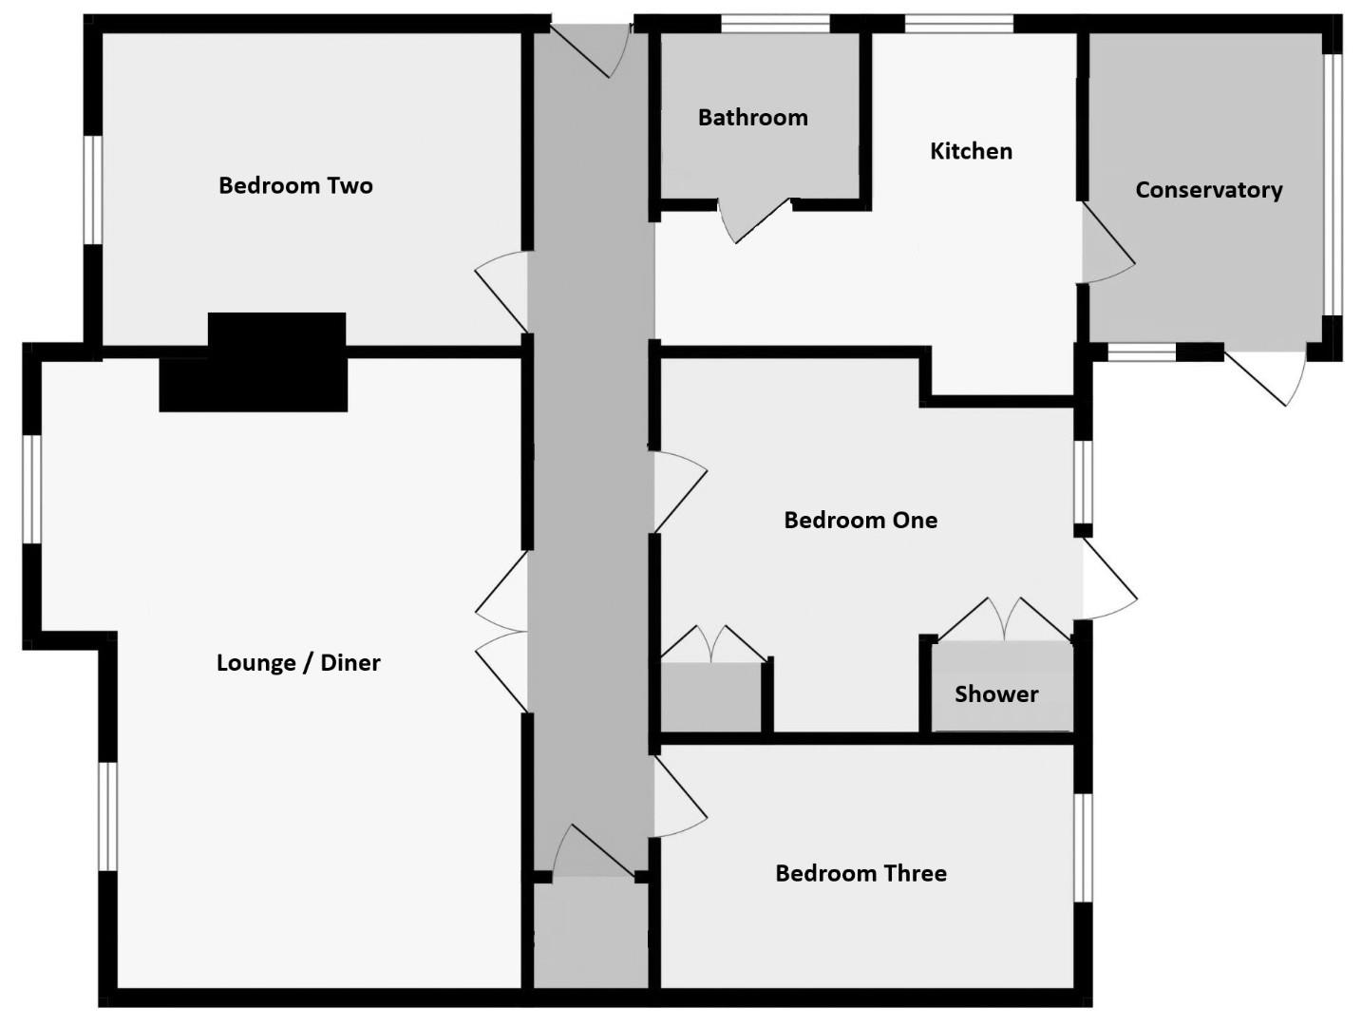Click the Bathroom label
[752, 118]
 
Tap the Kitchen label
[970, 151]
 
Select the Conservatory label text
[1208, 190]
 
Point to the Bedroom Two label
[295, 185]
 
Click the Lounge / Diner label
[298, 663]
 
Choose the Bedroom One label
[861, 521]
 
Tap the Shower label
[996, 694]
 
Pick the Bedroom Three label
[861, 874]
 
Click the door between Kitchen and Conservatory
[1105, 247]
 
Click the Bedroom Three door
[677, 798]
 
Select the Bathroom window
[775, 24]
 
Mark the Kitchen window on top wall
[959, 24]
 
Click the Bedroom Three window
[1083, 846]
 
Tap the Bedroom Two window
[93, 189]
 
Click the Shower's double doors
[1005, 619]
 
